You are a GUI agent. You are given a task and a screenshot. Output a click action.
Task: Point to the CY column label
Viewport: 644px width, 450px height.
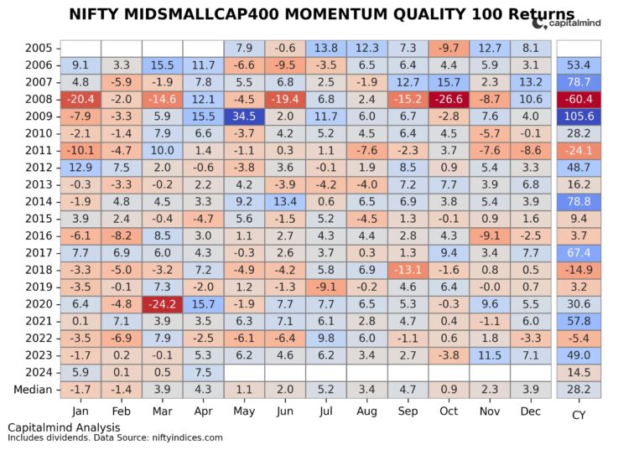point(579,414)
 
